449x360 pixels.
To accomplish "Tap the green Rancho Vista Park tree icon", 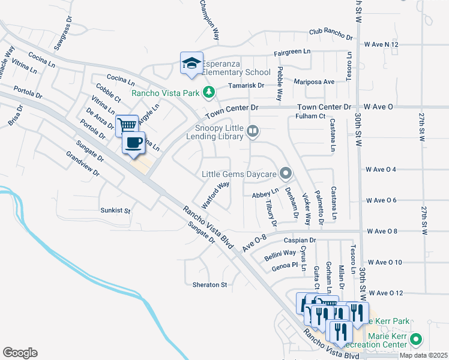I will (209, 92).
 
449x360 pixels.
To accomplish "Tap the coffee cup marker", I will (133, 143).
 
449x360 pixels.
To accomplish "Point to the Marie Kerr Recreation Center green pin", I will (415, 340).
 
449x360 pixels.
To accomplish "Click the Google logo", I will (20, 353).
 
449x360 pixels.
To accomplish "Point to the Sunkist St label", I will (115, 211).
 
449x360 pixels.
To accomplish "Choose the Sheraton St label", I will (209, 284).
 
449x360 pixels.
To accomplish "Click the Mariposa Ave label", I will (314, 82).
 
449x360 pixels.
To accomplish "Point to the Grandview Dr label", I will (83, 164).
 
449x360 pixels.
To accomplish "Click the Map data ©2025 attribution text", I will (423, 355).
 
